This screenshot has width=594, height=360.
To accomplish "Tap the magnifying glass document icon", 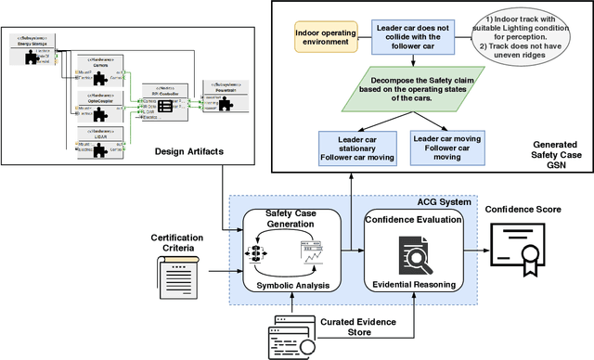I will click(x=417, y=251).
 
